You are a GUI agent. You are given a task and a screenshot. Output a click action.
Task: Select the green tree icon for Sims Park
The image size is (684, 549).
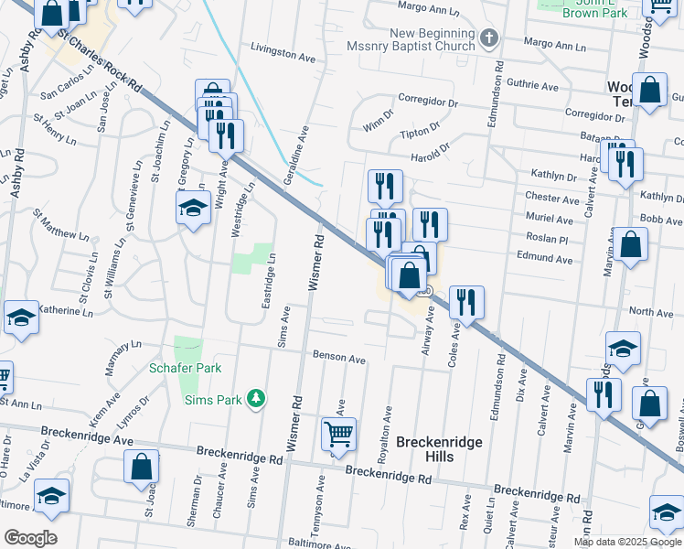click(x=258, y=398)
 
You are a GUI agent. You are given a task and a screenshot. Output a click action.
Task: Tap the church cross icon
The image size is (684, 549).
click(x=489, y=38)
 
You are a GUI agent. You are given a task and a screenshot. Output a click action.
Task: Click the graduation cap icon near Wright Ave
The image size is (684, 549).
click(x=194, y=209)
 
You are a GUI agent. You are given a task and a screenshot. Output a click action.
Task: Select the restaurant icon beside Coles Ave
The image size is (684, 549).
click(x=466, y=302)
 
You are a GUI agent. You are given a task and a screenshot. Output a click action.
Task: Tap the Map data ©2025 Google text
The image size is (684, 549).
click(x=627, y=542)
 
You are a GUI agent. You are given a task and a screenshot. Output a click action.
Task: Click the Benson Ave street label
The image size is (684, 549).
click(x=339, y=358)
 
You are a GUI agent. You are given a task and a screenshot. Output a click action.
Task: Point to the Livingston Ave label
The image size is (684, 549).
click(x=283, y=54)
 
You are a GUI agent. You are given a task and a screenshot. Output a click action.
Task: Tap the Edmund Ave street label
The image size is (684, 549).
click(x=550, y=260)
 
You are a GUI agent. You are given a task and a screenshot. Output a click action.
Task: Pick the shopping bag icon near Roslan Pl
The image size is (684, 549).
click(x=630, y=244)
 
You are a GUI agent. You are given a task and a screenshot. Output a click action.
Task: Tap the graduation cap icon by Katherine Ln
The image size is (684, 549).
click(x=21, y=318)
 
